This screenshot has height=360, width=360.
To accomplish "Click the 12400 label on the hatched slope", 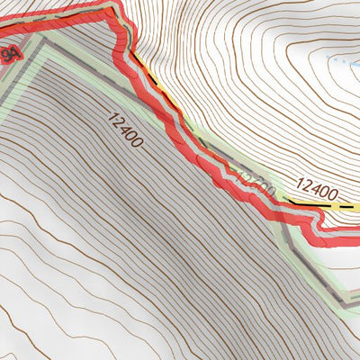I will coord(126,130).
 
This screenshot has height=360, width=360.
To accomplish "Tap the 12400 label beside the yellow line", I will coord(316,190).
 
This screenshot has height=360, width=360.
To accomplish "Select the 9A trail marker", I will coord(8,56).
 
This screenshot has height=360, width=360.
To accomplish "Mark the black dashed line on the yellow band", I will coord(306,203).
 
